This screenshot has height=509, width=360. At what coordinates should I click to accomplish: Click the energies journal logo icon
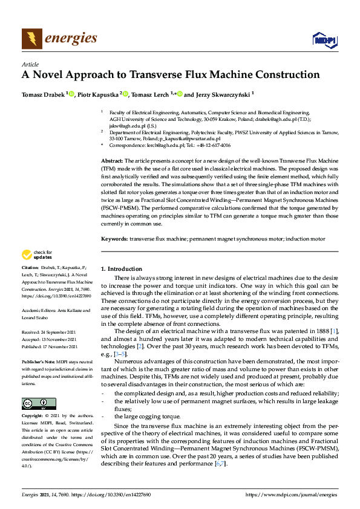tap(32, 39)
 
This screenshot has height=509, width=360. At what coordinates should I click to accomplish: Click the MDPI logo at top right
tap(323, 40)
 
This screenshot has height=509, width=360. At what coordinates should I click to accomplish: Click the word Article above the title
tap(30, 64)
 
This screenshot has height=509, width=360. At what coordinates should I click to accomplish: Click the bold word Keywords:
tap(114, 239)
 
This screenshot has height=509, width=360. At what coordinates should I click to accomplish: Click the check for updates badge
tap(36, 255)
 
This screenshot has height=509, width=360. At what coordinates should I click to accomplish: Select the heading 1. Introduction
tap(122, 268)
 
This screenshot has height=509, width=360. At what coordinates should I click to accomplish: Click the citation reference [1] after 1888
tap(334, 331)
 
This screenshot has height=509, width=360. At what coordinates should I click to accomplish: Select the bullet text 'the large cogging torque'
tap(146, 417)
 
